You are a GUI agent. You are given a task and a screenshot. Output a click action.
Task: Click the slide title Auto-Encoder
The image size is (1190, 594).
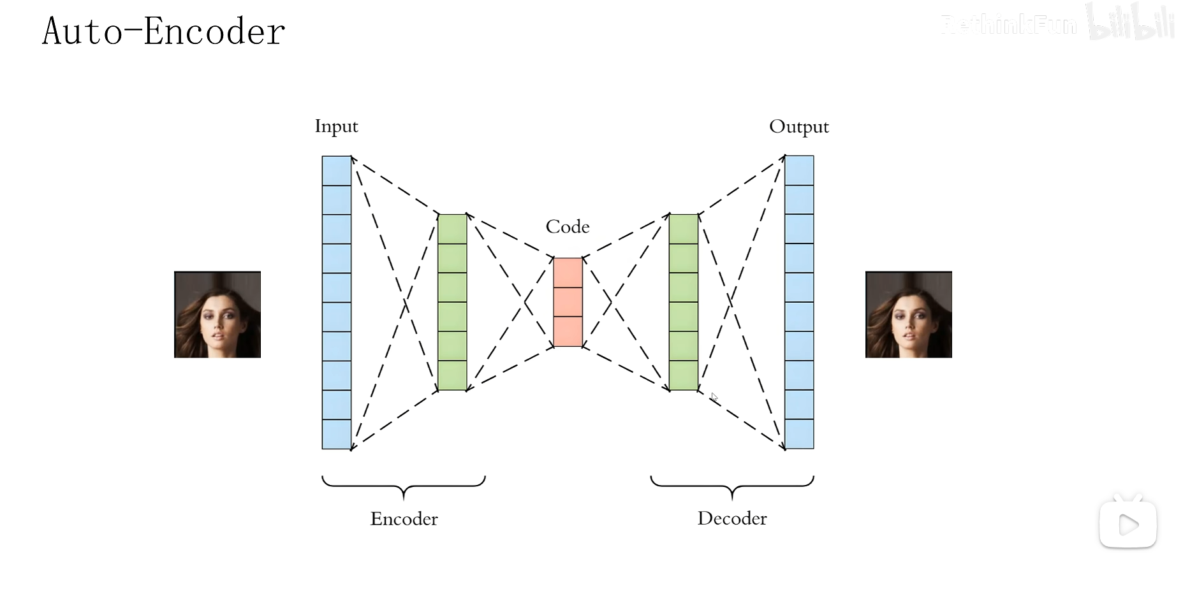(x=163, y=31)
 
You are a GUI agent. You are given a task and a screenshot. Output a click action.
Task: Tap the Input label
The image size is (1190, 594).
(x=336, y=126)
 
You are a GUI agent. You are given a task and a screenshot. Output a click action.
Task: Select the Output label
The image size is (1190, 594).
(x=798, y=127)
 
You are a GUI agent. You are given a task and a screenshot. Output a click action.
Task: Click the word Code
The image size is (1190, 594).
(x=568, y=227)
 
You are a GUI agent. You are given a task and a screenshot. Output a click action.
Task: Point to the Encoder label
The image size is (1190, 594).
(x=404, y=519)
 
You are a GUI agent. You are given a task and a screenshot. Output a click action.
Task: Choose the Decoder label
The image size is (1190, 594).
(x=732, y=518)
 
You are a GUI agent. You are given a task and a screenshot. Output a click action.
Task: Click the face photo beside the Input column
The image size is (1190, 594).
(x=217, y=315)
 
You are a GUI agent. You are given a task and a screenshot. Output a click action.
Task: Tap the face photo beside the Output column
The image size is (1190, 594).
(x=908, y=315)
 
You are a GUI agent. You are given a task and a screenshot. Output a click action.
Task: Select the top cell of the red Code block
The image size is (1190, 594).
(x=568, y=273)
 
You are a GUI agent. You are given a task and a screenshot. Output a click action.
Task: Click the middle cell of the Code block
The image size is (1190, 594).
(x=568, y=302)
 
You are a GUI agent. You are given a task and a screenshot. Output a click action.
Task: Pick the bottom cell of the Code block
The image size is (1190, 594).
(x=568, y=331)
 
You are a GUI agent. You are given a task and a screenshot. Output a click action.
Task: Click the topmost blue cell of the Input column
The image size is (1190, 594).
(x=337, y=171)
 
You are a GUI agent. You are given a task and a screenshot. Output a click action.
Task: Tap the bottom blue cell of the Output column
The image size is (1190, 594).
(x=799, y=434)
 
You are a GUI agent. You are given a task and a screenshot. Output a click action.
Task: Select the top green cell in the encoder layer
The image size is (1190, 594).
(x=452, y=229)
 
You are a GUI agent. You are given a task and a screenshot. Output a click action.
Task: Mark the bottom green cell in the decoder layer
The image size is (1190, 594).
(x=684, y=375)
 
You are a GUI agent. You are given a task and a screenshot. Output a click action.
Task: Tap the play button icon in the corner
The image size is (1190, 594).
(x=1128, y=525)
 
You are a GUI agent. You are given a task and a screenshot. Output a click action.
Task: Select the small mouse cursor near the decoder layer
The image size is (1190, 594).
(x=714, y=398)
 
